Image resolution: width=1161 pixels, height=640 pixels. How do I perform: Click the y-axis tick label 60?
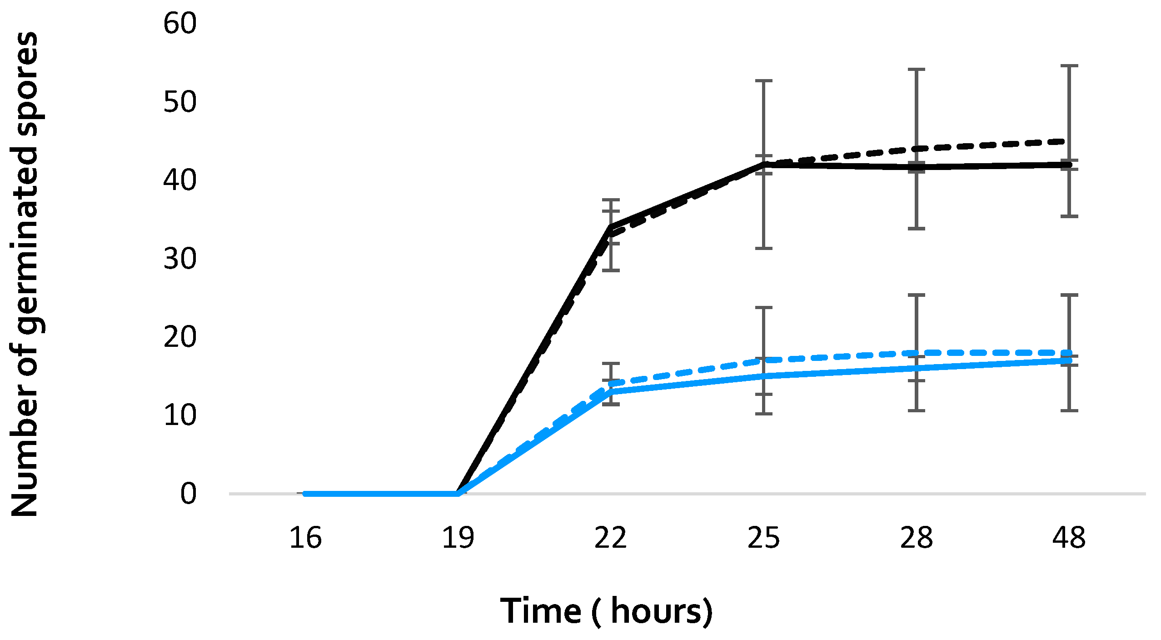pos(180,23)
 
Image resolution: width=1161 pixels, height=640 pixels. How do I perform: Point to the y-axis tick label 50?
pos(180,102)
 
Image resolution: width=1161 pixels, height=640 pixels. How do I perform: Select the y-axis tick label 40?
pos(180,180)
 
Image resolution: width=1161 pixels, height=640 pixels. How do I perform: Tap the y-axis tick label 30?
pos(180,259)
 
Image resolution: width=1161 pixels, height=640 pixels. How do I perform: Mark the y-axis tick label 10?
pos(180,415)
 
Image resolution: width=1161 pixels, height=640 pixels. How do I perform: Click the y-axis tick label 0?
pos(188,494)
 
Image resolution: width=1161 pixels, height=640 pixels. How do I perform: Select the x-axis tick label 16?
pos(305,538)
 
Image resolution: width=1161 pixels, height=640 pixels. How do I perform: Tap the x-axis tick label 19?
pos(458,538)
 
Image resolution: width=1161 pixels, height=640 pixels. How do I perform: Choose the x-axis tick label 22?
pos(611,538)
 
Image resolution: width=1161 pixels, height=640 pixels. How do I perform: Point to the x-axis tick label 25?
pos(763,538)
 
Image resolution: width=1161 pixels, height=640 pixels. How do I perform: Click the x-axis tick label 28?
pos(916,538)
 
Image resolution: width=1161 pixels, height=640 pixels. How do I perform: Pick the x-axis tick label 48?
pos(1069,538)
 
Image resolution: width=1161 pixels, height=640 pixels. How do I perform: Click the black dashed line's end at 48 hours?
pos(1069,141)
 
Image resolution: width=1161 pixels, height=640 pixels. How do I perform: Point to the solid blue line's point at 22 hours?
pos(611,391)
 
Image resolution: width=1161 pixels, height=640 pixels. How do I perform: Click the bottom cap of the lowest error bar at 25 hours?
pos(764,414)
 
